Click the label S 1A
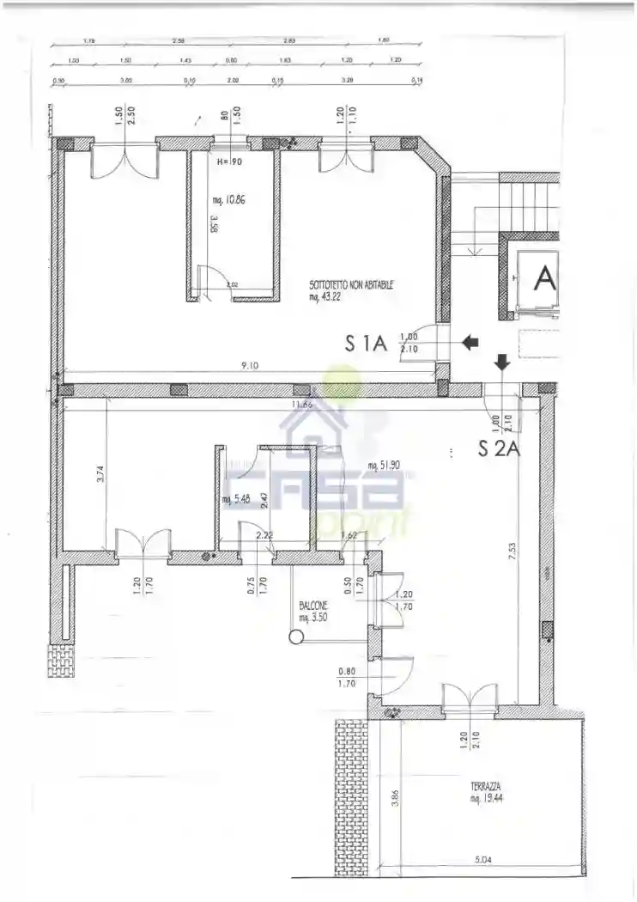[367, 344]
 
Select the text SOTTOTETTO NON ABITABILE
[352, 286]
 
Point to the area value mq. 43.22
[326, 297]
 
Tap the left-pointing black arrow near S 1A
[470, 343]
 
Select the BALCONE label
[313, 606]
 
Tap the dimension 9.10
[250, 366]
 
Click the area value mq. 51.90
[383, 466]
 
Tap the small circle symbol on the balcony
[296, 637]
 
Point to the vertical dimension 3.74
[100, 474]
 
